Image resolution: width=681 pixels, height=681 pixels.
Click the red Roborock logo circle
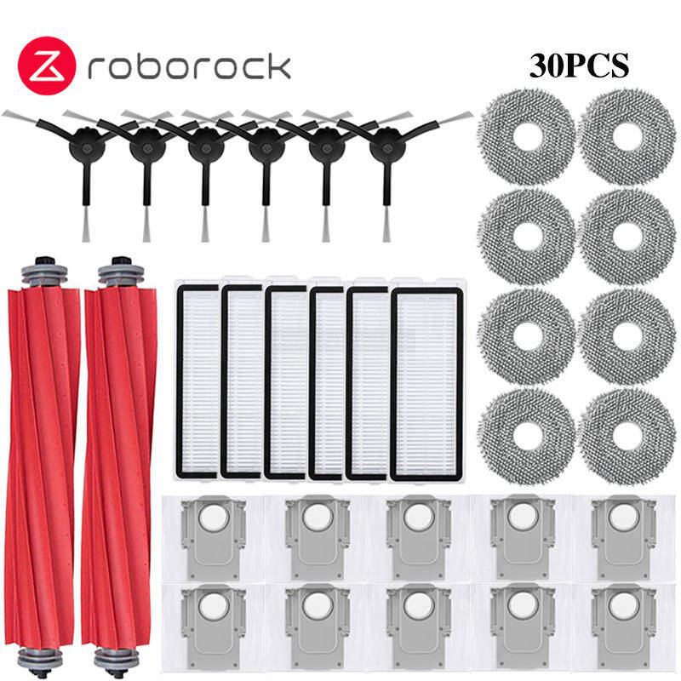pyautogui.click(x=47, y=66)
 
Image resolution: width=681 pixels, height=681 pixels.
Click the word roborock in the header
pyautogui.click(x=189, y=67)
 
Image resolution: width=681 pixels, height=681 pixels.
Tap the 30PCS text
pyautogui.click(x=579, y=66)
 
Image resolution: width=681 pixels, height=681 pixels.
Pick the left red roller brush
pyautogui.click(x=43, y=466)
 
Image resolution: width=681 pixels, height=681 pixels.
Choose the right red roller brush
pyautogui.click(x=119, y=466)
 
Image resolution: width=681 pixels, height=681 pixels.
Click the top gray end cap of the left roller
pyautogui.click(x=44, y=272)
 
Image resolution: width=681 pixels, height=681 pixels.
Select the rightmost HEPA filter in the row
pyautogui.click(x=426, y=385)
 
